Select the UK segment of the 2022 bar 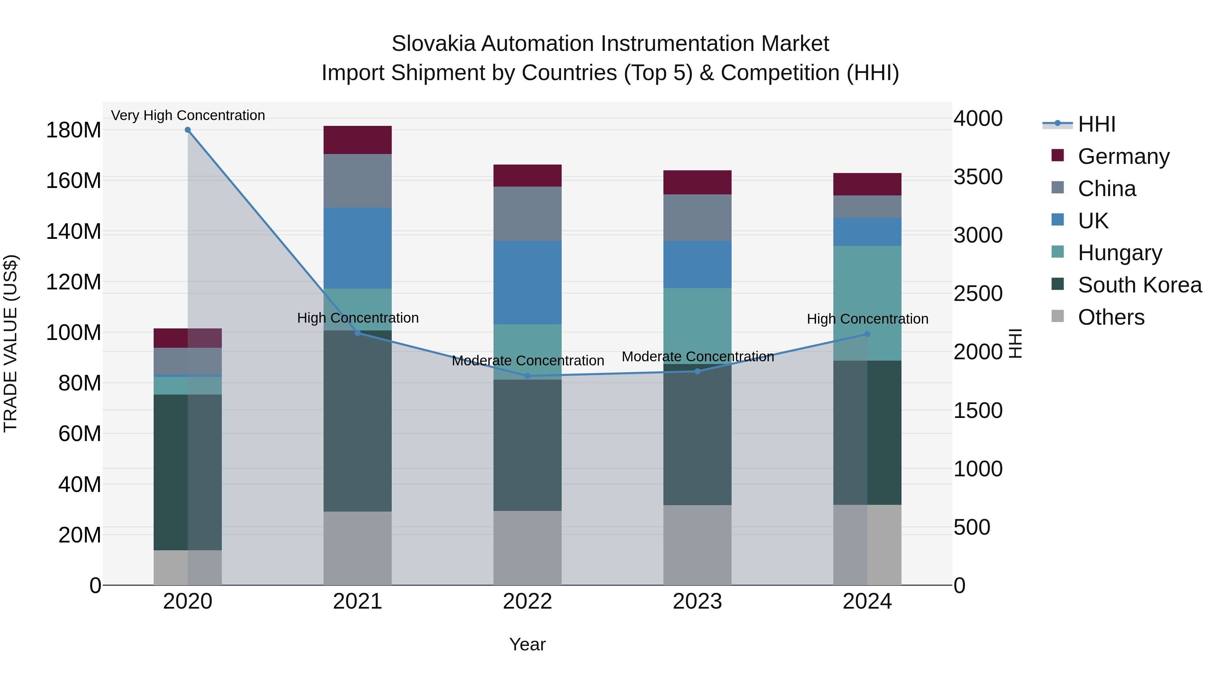point(527,283)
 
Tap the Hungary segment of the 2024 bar point(867,303)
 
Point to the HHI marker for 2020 point(188,130)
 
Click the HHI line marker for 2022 point(527,376)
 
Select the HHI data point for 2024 point(867,334)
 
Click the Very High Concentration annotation point(188,116)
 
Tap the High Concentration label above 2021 point(358,318)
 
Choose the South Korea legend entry point(1140,285)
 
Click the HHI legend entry point(1096,124)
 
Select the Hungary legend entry point(1120,253)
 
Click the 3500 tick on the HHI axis point(978,177)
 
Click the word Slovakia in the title point(433,44)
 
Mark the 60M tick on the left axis point(80,434)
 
